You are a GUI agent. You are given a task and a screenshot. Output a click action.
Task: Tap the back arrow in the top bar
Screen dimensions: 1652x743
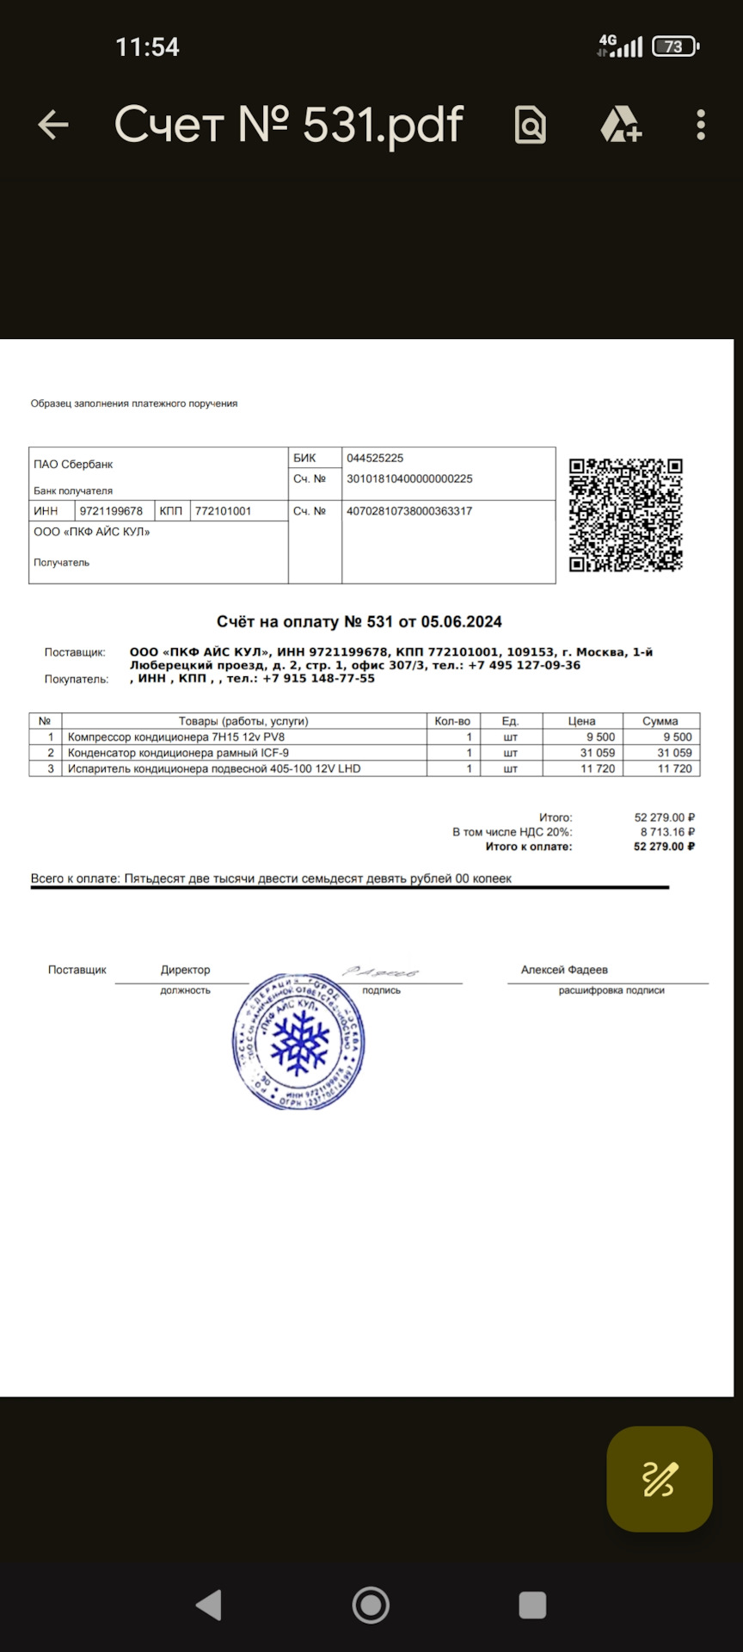[x=53, y=125]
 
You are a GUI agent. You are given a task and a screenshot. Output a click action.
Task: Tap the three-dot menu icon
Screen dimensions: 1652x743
[x=701, y=126]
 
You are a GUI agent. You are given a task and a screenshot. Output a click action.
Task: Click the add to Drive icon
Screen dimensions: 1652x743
[x=621, y=126]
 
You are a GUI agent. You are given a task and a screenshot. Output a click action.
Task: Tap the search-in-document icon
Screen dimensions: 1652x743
[x=530, y=126]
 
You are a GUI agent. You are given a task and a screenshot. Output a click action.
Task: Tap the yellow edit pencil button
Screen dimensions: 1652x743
[x=660, y=1479]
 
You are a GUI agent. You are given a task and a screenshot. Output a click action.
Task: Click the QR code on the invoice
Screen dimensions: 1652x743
[x=625, y=515]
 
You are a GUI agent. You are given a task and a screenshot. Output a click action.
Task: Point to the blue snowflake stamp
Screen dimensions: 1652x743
[x=299, y=1042]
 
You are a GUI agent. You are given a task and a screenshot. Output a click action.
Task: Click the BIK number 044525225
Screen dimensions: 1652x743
[x=375, y=459]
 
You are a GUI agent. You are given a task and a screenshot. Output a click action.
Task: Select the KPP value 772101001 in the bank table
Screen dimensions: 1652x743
[x=223, y=511]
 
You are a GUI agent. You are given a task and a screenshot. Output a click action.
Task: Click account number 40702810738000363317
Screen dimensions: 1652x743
[x=409, y=511]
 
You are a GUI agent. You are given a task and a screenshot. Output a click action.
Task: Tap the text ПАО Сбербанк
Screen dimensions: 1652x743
[x=73, y=465]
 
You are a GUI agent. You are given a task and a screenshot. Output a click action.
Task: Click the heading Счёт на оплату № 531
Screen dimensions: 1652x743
[x=359, y=622]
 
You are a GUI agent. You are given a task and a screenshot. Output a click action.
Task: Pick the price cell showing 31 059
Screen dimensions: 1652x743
[x=598, y=753]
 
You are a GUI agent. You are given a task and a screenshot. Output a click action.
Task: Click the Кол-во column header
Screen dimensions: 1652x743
[x=452, y=721]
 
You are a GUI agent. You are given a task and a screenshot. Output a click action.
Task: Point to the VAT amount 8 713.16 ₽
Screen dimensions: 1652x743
[x=666, y=832]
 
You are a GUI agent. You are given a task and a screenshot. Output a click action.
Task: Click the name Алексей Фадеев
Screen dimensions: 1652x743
[x=564, y=970]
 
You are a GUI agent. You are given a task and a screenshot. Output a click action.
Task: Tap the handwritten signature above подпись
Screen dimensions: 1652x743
[x=380, y=971]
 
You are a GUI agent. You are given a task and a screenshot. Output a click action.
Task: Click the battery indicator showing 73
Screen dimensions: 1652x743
[x=675, y=46]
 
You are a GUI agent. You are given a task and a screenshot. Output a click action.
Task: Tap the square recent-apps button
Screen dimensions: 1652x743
[x=532, y=1605]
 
